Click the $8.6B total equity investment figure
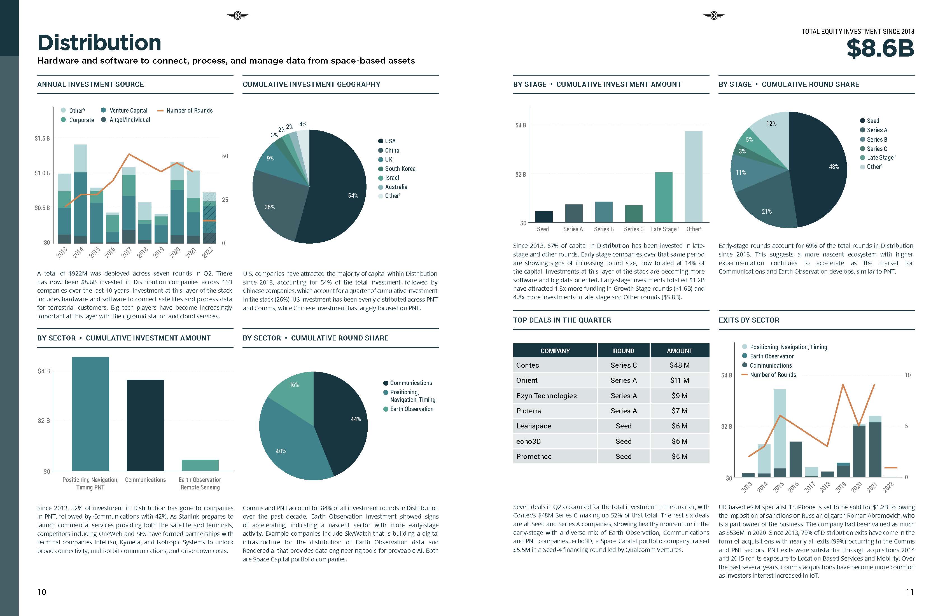[x=880, y=48]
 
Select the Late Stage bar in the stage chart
[x=664, y=197]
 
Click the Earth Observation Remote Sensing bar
[x=200, y=465]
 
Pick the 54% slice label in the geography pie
[x=353, y=196]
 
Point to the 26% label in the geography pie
[x=270, y=207]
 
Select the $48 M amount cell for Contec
[x=679, y=365]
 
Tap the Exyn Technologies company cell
[x=546, y=396]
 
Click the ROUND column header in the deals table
[x=623, y=351]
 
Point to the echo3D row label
[x=528, y=441]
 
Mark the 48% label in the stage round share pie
[x=834, y=167]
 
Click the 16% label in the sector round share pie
[x=294, y=385]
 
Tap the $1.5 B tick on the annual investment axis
[x=42, y=138]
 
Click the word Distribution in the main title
[x=99, y=43]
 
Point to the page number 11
[x=910, y=592]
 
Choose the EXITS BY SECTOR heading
[x=749, y=320]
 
